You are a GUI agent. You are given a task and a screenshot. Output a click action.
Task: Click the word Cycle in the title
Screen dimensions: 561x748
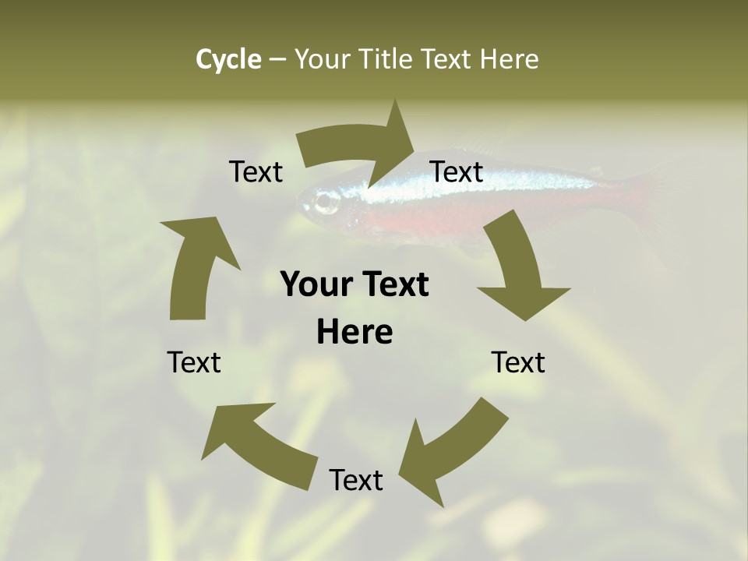point(228,59)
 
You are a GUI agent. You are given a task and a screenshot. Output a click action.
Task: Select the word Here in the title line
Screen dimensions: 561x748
point(510,59)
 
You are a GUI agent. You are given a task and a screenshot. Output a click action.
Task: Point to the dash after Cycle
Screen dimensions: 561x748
point(277,60)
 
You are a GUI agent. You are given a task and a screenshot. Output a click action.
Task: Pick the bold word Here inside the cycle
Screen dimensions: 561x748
point(355,332)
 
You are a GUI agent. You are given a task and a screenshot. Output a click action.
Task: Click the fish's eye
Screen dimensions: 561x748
point(326,203)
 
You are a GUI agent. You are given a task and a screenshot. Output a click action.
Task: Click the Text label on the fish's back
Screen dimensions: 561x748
point(457,171)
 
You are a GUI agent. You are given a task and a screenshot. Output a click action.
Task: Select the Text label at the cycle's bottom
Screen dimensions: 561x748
point(356,480)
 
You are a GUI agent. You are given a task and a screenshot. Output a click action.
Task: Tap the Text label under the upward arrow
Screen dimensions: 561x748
point(194,362)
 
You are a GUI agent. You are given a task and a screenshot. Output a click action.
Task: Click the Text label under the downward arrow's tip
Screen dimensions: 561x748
point(518,362)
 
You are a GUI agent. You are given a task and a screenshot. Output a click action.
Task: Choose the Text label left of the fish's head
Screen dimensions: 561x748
point(256,171)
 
